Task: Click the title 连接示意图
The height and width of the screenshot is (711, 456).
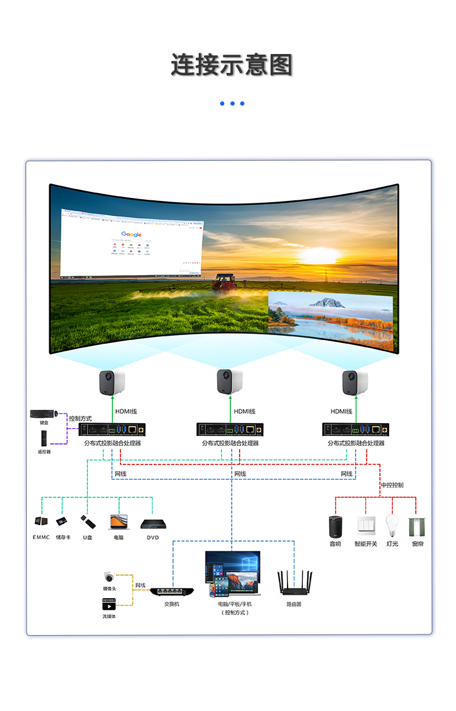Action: click(232, 65)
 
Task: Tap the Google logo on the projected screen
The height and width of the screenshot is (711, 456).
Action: click(131, 234)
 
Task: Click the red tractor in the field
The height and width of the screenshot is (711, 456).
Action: click(225, 281)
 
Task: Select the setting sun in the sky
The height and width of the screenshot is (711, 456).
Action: click(320, 255)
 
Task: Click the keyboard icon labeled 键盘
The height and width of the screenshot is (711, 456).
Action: click(44, 414)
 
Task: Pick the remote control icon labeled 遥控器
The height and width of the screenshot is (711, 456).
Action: click(43, 438)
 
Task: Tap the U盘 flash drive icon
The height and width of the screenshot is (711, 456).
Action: click(88, 522)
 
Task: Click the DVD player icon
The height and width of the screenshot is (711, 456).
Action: click(152, 523)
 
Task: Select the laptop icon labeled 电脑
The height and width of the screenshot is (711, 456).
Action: click(119, 522)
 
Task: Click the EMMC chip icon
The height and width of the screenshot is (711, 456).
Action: click(41, 521)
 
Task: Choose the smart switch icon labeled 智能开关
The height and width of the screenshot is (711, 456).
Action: click(365, 525)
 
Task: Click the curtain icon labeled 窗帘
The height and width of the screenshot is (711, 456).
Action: click(417, 525)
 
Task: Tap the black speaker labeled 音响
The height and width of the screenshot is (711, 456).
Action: click(335, 525)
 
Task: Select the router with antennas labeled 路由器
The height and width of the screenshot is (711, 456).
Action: click(294, 583)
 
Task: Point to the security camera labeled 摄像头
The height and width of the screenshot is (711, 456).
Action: click(109, 577)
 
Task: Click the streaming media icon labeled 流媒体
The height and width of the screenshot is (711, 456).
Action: click(109, 604)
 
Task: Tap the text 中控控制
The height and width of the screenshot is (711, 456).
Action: click(392, 485)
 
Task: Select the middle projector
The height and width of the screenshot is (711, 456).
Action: click(230, 382)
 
